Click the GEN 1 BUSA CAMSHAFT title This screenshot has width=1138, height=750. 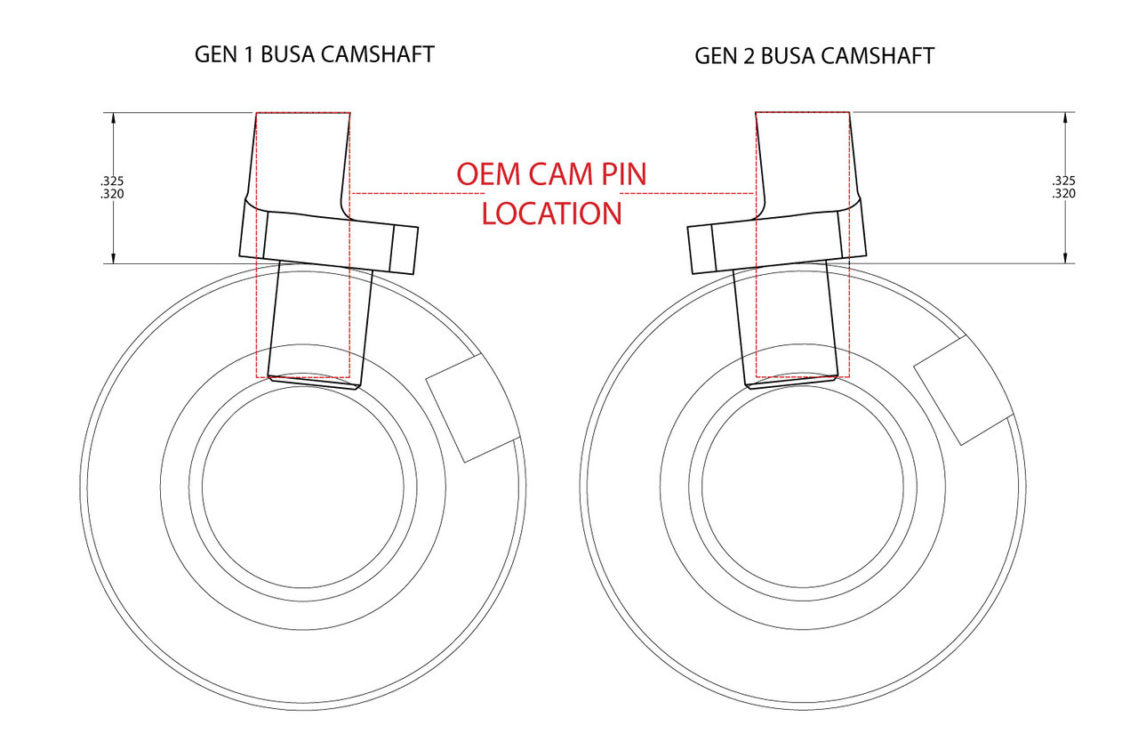315,54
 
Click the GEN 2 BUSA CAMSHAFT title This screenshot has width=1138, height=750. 814,56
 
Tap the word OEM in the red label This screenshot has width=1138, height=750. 488,173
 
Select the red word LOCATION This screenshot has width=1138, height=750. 552,214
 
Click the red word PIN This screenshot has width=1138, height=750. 621,173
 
